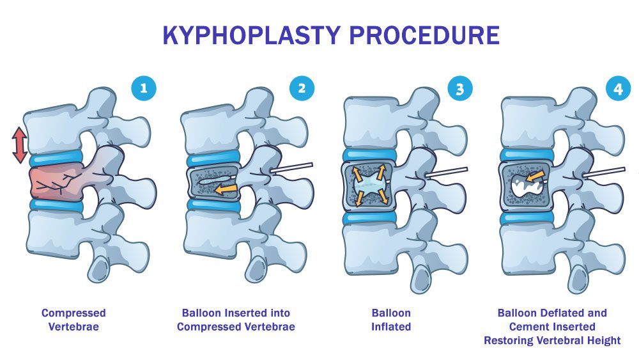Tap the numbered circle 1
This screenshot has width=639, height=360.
tap(143, 89)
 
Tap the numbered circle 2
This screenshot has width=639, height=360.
tap(302, 89)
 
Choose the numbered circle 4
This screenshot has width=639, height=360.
tap(618, 89)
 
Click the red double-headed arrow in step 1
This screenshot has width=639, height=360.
tap(20, 145)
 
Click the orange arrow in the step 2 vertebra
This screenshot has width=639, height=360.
tap(224, 189)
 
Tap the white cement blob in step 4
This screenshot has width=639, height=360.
tap(527, 186)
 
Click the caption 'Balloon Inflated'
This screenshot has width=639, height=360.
tap(391, 320)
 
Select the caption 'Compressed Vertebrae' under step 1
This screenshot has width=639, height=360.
tap(73, 320)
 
